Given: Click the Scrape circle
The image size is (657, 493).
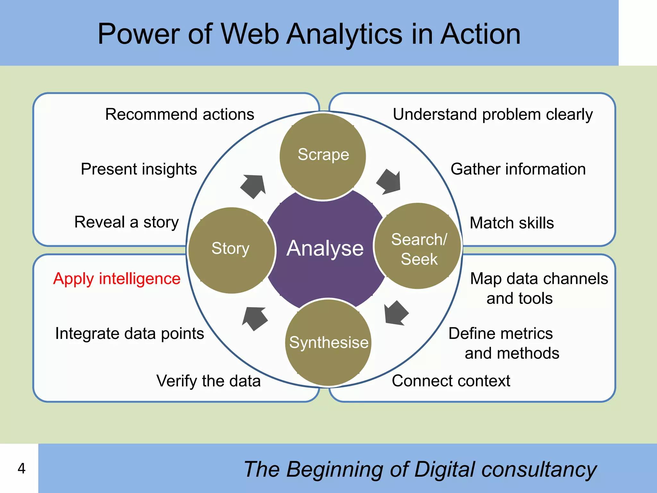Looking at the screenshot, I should click(323, 156).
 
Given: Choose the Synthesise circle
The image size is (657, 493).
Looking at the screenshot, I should click(328, 342).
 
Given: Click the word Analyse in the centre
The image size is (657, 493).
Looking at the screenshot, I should click(325, 248).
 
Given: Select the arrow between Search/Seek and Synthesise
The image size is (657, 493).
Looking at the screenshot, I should click(396, 313).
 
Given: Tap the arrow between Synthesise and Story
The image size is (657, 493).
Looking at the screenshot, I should click(255, 318).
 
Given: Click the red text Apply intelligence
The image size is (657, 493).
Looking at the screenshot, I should click(117, 279).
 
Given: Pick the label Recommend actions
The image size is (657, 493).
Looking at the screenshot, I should click(180, 115).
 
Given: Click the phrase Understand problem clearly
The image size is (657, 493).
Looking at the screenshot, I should click(492, 115).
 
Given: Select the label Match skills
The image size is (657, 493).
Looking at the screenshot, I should click(511, 223).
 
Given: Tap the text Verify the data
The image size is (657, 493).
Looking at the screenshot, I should click(209, 381).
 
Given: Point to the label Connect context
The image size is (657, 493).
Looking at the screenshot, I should click(451, 381).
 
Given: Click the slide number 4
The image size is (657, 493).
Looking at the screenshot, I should click(21, 469).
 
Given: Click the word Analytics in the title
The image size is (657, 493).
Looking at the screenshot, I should click(344, 34).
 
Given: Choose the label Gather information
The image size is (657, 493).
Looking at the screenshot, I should click(518, 169).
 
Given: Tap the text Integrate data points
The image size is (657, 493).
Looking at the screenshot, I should click(130, 333).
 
